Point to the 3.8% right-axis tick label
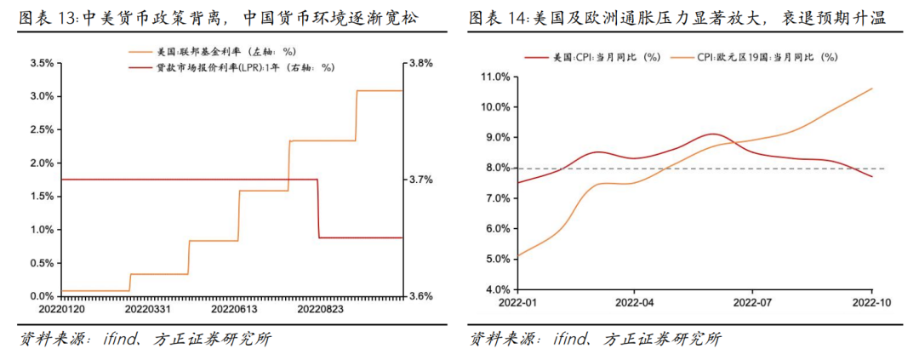click(420, 63)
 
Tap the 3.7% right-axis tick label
click(420, 180)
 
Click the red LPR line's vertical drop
click(318, 209)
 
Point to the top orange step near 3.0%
click(379, 90)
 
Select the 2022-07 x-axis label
click(752, 302)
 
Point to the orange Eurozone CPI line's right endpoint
click(872, 88)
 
